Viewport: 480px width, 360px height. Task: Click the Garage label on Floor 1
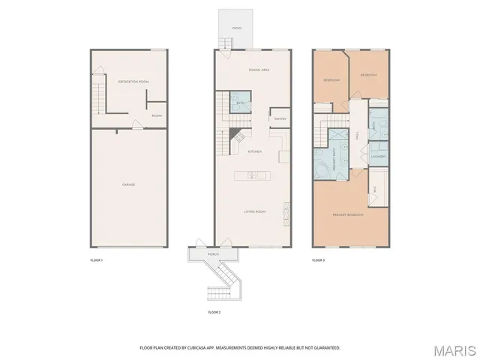click(x=129, y=184)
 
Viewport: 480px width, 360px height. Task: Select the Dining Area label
click(x=259, y=70)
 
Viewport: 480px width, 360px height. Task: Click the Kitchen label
click(x=255, y=151)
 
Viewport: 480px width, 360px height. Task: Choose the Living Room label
click(x=255, y=211)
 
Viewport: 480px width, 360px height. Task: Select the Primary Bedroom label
click(x=348, y=215)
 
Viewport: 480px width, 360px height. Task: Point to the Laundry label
click(x=378, y=157)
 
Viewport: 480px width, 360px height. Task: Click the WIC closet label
click(x=374, y=190)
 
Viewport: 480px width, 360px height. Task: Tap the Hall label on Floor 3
click(x=358, y=136)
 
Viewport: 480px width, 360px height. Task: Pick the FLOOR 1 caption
click(x=96, y=259)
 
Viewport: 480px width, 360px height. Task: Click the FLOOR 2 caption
click(x=214, y=311)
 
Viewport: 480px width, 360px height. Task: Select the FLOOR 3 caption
click(x=319, y=259)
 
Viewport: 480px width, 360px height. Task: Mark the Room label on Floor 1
click(x=157, y=115)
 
